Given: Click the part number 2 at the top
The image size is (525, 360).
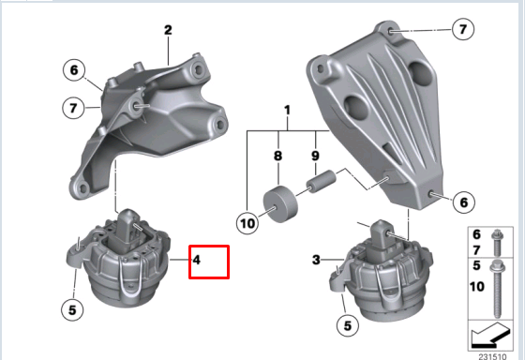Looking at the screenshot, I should coord(168,31).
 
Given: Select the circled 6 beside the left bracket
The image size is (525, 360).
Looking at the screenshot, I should coord(75,68).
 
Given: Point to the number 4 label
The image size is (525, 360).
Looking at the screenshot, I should coord(197,257).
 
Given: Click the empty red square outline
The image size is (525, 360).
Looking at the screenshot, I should coord(209,262).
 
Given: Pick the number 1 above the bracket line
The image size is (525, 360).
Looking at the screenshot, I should coord(288,112).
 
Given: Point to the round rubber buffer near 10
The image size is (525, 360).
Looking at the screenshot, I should coord(280,203).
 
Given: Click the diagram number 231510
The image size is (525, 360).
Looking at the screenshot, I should coord(494,354).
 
